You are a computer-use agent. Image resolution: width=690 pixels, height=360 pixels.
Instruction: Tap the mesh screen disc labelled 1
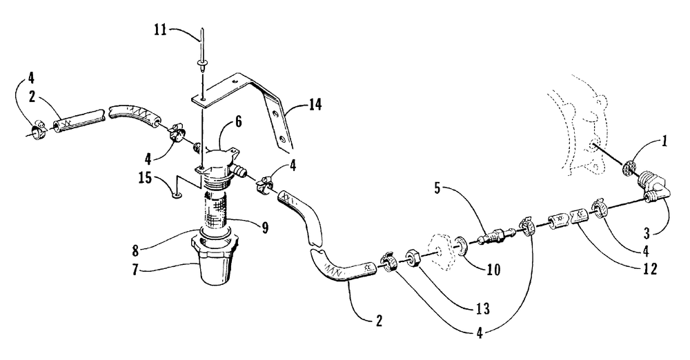(629, 168)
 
